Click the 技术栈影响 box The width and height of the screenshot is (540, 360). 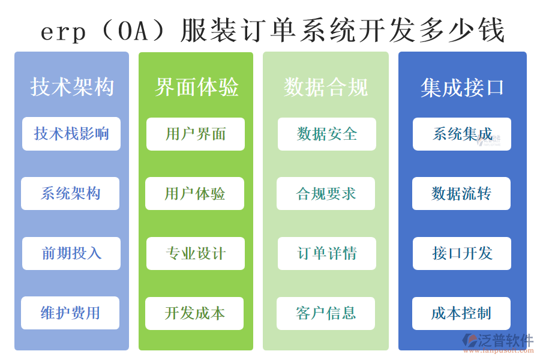coord(71,133)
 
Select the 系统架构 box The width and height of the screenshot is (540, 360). coord(70,193)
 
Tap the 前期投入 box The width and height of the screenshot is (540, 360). coord(71,253)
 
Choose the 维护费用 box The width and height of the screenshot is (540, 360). coord(70,313)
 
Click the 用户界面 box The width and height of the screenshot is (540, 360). coord(195,134)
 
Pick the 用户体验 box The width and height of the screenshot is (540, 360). coord(194,193)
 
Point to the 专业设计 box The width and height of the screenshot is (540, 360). coord(195,253)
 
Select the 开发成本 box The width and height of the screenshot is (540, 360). coord(194,313)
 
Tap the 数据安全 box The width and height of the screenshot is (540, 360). coord(326,134)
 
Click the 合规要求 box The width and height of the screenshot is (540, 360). coord(326,193)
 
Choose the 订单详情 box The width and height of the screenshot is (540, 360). coord(326,253)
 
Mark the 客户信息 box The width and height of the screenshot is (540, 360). coord(326,313)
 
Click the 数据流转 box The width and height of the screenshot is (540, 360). coord(461,193)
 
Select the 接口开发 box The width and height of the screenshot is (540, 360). coord(461,253)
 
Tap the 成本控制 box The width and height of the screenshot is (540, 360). coord(461,313)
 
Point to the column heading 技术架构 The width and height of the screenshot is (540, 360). coord(72,87)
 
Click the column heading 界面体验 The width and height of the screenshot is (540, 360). coord(196,87)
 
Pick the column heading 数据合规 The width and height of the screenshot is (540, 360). coord(326,88)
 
